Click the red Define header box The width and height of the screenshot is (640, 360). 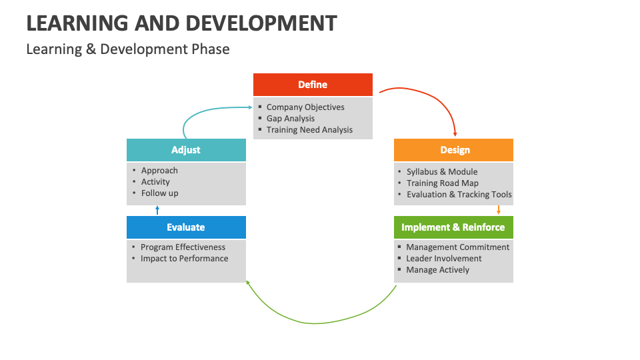pos(312,85)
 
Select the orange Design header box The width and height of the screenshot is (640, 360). pos(453,150)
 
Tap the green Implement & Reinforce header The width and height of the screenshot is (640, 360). pos(453,227)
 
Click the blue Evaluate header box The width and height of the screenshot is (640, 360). pos(186,227)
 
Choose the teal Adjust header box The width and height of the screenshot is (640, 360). pos(186,150)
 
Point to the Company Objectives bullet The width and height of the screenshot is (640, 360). pos(305,107)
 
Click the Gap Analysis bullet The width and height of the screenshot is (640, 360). pos(291,118)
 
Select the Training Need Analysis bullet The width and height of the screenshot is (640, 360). pos(309,129)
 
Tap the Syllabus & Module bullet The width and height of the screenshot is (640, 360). pos(442,171)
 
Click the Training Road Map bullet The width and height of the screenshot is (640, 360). pos(443,183)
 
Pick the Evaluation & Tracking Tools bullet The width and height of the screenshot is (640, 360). pos(459,194)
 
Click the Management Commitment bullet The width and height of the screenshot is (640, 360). pos(457,247)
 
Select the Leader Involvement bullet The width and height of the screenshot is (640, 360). pos(443,258)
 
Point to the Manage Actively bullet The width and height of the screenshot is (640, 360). pos(437,269)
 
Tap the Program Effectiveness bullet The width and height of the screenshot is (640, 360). pos(183,247)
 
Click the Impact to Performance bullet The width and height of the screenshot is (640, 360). pos(184,258)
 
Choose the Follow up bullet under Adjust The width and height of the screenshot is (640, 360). pos(159,193)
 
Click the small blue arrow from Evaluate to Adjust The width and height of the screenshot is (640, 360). pos(157,210)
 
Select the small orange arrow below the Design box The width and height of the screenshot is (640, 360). pos(498,209)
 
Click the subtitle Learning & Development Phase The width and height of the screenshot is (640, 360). pos(128,49)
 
